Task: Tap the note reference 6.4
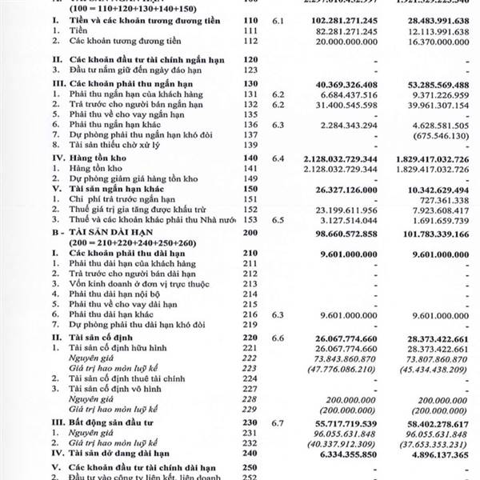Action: click(277, 158)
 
